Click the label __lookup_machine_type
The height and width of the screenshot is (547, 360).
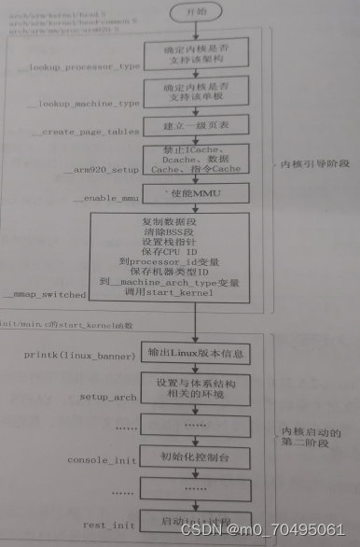point(79,104)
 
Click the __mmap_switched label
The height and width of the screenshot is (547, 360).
point(47,295)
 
